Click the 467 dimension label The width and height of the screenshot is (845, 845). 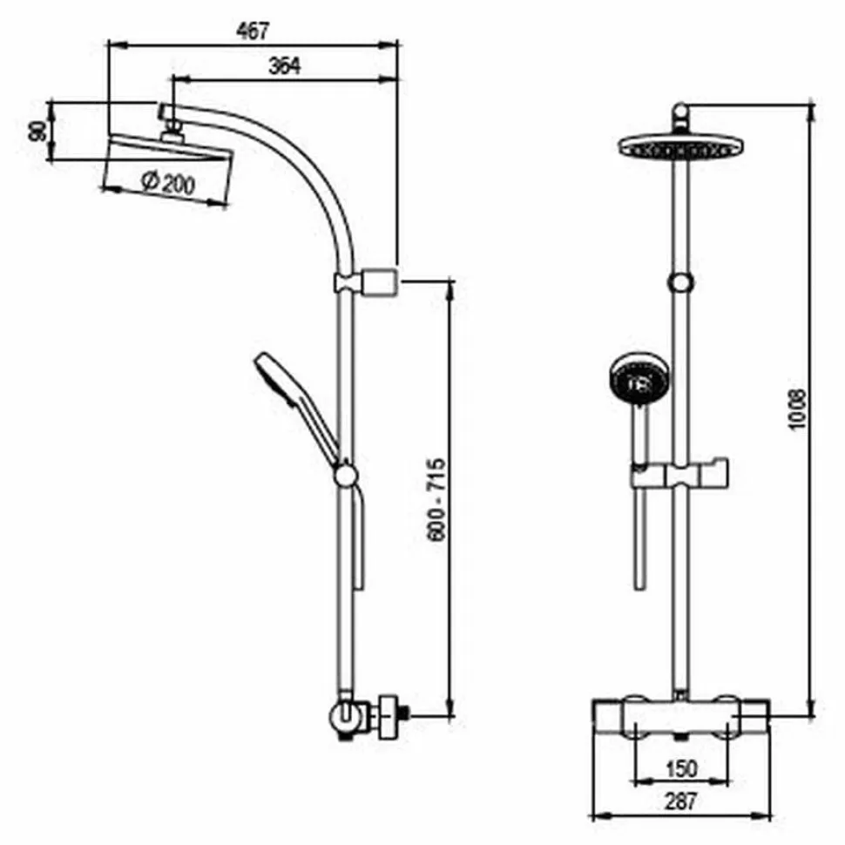(x=253, y=30)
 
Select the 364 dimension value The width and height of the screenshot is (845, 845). (x=285, y=65)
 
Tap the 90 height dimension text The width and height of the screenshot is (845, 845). (x=37, y=132)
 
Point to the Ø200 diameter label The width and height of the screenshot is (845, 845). (x=168, y=183)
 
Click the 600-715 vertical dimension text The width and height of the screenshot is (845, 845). (x=436, y=499)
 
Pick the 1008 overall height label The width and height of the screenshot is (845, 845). (x=796, y=409)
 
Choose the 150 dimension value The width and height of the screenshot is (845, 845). (x=681, y=768)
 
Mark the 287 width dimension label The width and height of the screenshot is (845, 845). (x=680, y=801)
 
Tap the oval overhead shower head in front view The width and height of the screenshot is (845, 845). (x=680, y=146)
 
